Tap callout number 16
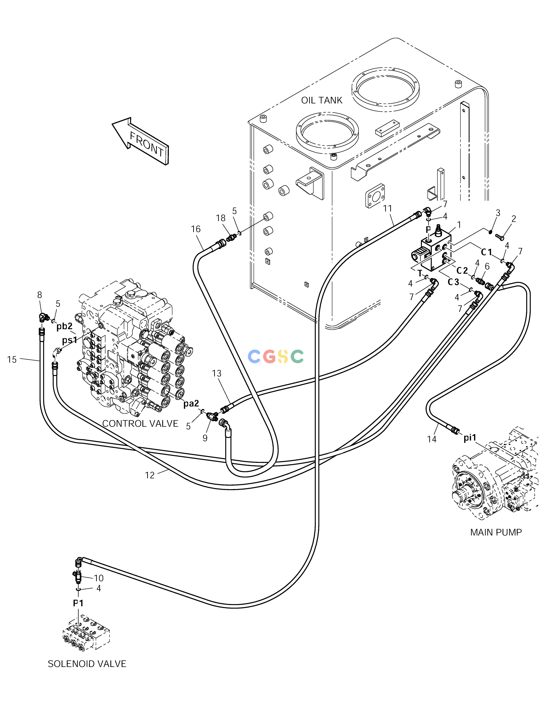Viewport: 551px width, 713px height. click(x=196, y=229)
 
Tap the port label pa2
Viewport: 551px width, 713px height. click(x=191, y=404)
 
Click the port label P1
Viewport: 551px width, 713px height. click(x=78, y=603)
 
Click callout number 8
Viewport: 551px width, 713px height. click(x=39, y=295)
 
